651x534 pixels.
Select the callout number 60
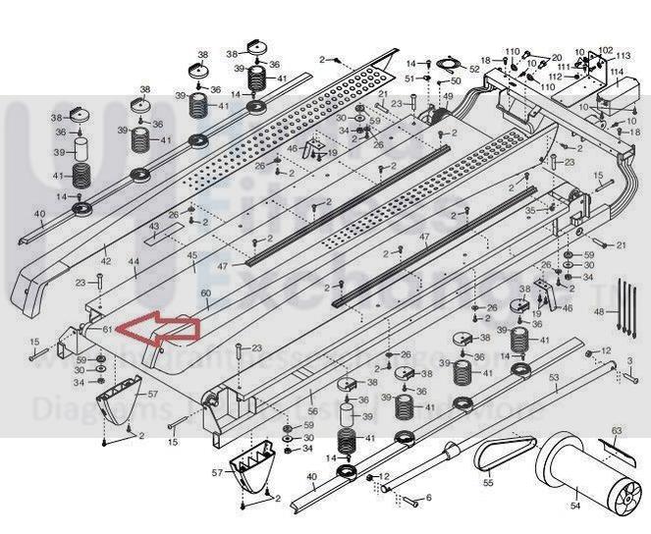pos(205,293)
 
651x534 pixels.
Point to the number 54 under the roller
pos(575,506)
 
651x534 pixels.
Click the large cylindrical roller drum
pos(579,469)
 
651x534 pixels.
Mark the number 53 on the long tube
pos(553,377)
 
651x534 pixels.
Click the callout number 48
pos(600,311)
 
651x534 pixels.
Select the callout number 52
pos(475,69)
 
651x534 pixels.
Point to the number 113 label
pos(623,56)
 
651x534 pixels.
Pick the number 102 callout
pos(605,50)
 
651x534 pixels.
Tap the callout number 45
pos(192,256)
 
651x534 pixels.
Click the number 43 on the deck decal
pos(154,227)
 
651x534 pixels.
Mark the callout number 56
pos(312,411)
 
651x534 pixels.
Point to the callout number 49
pos(447,96)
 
